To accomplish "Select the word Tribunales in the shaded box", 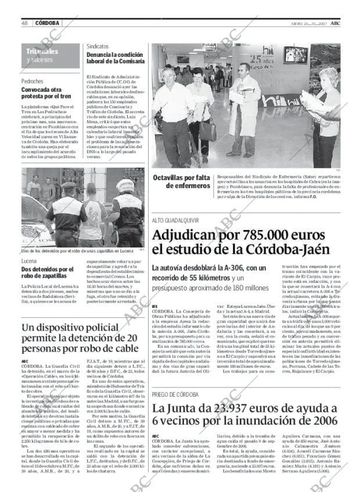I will coord(42,52).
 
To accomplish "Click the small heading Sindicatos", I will coord(98,46).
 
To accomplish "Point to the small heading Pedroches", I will coord(33,81).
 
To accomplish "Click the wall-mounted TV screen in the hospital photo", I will coord(296,55).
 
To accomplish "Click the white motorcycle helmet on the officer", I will coord(125,185).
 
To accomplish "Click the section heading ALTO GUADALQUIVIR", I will coord(175,221).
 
